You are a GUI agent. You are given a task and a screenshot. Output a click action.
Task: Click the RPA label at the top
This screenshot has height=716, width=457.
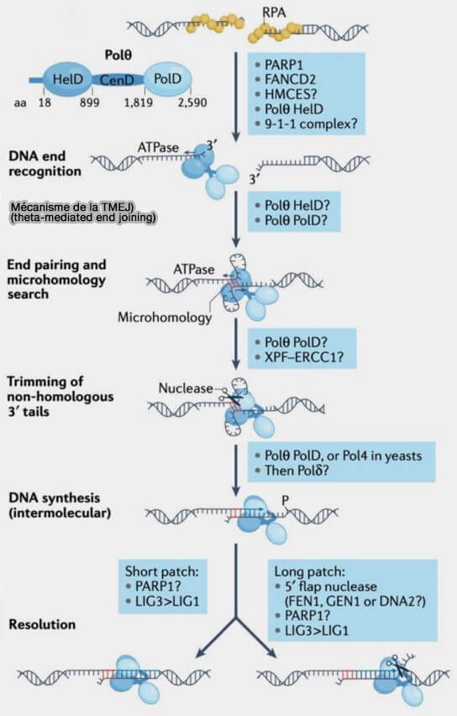[x=274, y=13]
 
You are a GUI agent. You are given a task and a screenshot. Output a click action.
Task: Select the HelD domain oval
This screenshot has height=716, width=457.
[x=67, y=79]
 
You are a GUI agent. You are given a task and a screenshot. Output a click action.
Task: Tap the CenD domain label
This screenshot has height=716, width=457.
[x=117, y=81]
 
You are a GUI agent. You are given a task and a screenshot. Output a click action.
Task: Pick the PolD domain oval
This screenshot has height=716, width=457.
[x=167, y=78]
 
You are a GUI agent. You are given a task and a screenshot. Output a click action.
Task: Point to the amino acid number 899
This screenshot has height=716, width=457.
[x=90, y=103]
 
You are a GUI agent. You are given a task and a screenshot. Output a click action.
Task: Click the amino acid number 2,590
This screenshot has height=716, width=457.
[x=192, y=103]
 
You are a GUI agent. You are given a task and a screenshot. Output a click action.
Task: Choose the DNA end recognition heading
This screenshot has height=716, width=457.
[x=45, y=164]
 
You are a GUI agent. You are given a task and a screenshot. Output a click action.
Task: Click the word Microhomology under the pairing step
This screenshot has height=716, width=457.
[x=165, y=317]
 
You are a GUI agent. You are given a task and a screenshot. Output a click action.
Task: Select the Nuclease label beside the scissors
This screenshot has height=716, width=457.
[x=186, y=388]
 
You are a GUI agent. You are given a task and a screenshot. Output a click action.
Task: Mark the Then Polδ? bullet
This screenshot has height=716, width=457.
[x=297, y=471]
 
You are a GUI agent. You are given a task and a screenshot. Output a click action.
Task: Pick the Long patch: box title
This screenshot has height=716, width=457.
[x=309, y=571]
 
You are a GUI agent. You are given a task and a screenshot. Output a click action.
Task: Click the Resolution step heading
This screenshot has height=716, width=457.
[x=42, y=624]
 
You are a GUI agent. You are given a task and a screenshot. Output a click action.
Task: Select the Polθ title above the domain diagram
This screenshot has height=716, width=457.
[x=118, y=55]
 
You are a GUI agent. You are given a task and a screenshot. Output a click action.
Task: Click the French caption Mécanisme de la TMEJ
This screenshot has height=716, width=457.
[x=72, y=207]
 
